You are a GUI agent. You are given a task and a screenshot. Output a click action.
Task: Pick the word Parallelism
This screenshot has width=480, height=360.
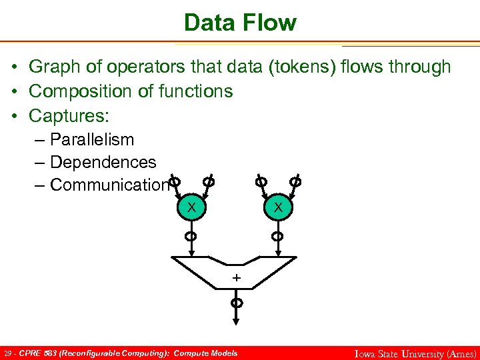click(x=92, y=139)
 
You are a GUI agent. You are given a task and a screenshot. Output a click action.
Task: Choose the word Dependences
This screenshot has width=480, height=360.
click(x=103, y=162)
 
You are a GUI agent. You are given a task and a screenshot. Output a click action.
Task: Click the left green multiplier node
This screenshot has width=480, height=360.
click(x=191, y=207)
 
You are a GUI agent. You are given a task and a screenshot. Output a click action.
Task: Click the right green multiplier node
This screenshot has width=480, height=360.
click(x=278, y=207)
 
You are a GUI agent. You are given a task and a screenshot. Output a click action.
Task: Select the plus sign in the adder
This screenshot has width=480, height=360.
click(x=235, y=276)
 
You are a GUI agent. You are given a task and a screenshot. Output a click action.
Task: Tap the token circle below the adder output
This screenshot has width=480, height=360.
click(x=236, y=303)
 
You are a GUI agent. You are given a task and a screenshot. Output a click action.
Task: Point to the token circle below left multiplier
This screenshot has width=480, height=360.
click(x=191, y=236)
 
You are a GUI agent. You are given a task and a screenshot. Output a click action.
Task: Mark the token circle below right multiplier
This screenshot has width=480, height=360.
click(x=278, y=236)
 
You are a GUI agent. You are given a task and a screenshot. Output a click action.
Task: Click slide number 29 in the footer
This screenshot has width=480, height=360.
click(x=7, y=353)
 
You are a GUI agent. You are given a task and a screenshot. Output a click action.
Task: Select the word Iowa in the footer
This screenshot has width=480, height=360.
click(x=365, y=354)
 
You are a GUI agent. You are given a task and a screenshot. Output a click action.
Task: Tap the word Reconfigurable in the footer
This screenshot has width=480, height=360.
click(x=87, y=353)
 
